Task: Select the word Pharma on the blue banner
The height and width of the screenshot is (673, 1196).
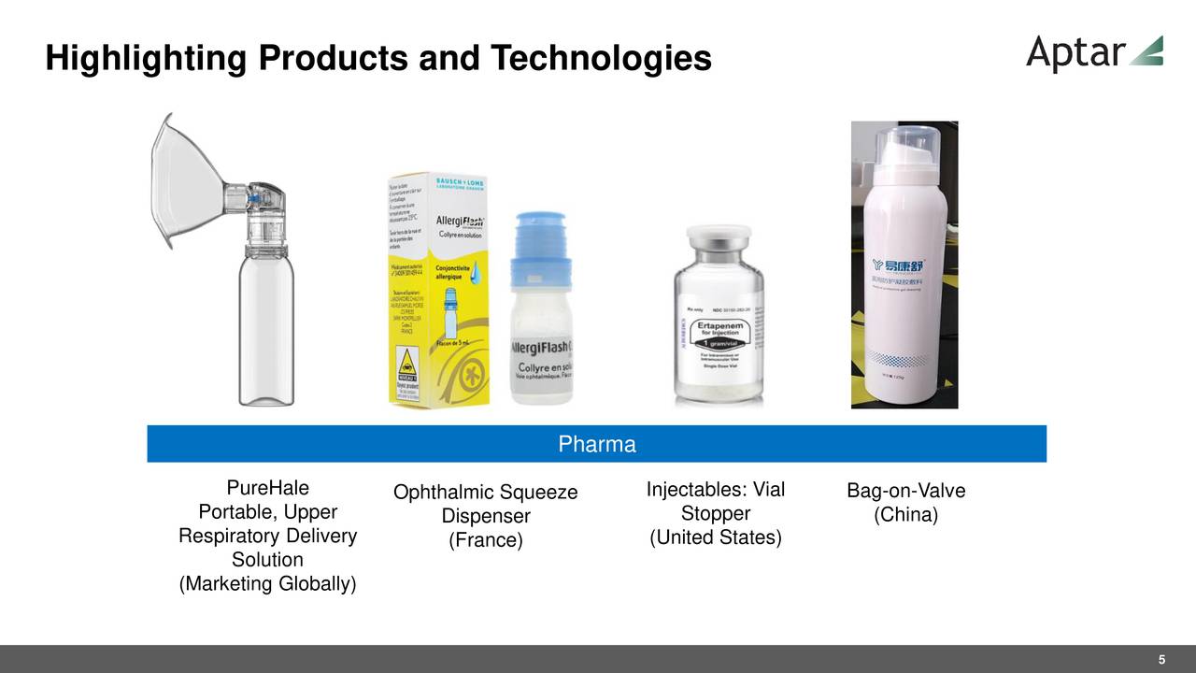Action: click(597, 444)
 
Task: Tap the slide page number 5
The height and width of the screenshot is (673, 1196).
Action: click(1161, 660)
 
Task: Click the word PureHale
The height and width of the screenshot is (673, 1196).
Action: click(267, 489)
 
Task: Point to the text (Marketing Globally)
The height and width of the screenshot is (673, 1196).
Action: click(267, 585)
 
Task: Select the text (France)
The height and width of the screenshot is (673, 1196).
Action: click(486, 541)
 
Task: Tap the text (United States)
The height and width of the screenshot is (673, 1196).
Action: click(715, 537)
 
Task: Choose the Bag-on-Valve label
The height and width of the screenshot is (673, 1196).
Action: click(905, 492)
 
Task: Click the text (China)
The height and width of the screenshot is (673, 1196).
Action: click(905, 516)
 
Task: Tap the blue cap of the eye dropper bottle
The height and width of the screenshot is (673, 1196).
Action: click(540, 248)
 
